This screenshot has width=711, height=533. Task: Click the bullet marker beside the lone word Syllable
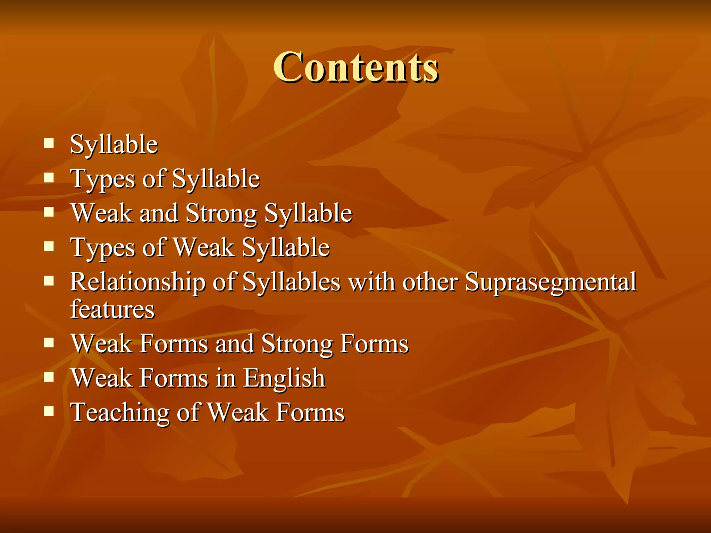49,143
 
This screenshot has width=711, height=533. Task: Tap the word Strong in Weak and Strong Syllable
221,213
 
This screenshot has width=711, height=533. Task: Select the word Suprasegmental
551,282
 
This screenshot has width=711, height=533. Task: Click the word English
284,378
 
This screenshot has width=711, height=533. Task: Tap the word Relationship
137,282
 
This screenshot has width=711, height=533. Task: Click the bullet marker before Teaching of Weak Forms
49,412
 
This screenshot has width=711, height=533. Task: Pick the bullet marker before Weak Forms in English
49,377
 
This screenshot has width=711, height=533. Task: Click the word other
430,282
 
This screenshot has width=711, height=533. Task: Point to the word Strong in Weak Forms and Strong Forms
296,344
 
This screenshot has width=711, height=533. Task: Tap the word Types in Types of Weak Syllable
103,248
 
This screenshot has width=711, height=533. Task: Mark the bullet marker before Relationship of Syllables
49,281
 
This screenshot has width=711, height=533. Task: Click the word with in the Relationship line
371,282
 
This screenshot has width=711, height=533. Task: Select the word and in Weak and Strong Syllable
159,213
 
